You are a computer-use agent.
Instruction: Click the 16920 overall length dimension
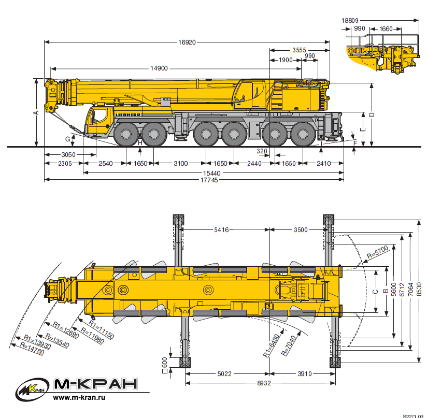[x=187, y=42]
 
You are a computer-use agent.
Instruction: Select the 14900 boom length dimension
[x=159, y=68]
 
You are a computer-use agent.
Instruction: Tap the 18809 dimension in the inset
[x=350, y=20]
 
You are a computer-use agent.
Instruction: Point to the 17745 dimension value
[x=209, y=180]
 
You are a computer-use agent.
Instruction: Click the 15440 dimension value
[x=211, y=173]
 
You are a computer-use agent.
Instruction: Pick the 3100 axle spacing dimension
[x=180, y=163]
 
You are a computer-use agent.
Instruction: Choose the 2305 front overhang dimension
[x=65, y=163]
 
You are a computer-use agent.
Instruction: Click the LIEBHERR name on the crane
[x=128, y=115]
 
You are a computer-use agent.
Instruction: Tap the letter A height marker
[x=36, y=113]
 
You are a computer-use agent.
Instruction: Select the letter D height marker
[x=372, y=114]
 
